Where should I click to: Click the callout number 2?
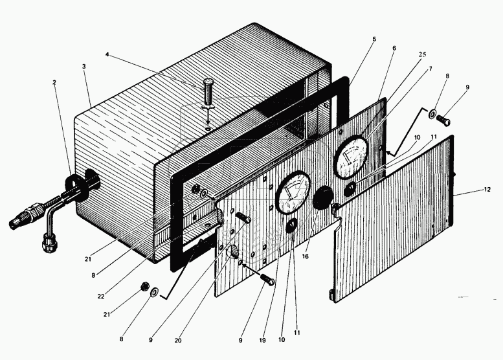(54, 83)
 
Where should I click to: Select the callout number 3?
(84, 66)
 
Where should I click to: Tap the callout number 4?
(107, 54)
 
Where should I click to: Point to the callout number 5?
(374, 39)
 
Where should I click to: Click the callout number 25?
(422, 55)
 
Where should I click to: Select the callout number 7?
(430, 69)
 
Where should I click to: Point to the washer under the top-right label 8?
(432, 115)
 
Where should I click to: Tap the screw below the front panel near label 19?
(267, 280)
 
